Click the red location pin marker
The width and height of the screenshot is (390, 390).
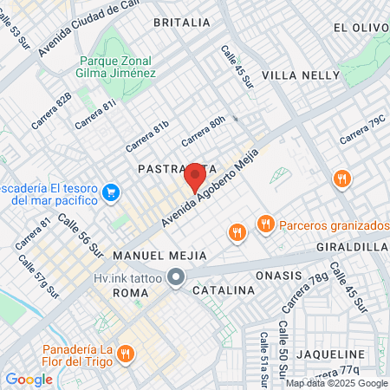coord(195,178)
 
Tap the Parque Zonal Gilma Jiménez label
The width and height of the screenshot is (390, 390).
coord(117,68)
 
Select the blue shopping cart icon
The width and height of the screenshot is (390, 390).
coord(110,192)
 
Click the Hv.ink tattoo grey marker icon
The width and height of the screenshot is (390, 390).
coord(176,278)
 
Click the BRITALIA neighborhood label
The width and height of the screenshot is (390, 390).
coord(181,22)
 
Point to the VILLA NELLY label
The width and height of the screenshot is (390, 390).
coord(301,75)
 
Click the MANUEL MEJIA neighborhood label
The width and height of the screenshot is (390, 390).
coord(159,256)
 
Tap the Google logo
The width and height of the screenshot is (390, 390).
coord(29,379)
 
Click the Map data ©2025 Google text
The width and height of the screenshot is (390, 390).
coord(337,383)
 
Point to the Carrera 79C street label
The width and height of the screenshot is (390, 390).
coord(362,131)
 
